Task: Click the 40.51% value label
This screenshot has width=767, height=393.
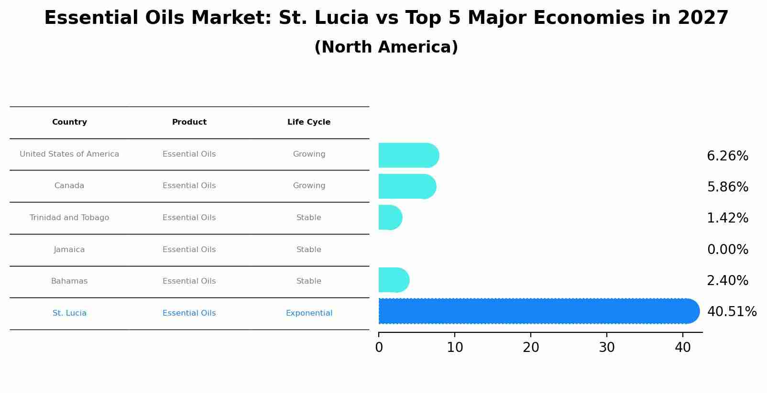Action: point(732,312)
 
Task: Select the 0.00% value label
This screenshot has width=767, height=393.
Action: point(727,250)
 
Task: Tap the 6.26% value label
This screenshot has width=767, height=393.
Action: point(727,156)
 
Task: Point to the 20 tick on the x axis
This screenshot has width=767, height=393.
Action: point(531,348)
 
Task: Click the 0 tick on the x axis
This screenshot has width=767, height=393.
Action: point(379,348)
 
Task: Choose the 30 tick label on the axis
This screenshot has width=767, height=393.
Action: point(607,348)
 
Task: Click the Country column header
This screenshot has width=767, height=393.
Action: point(69,122)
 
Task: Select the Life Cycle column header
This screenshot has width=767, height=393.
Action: point(309,122)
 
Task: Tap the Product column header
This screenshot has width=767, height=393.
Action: point(189,122)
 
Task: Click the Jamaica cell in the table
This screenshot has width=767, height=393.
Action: point(69,250)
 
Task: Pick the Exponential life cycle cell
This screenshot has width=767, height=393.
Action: point(309,313)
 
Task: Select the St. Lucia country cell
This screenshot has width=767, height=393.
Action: point(69,313)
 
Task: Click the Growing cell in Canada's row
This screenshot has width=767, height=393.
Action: point(309,186)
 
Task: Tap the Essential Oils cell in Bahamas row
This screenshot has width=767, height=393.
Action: point(189,281)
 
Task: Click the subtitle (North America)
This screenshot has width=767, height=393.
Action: point(386,47)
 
